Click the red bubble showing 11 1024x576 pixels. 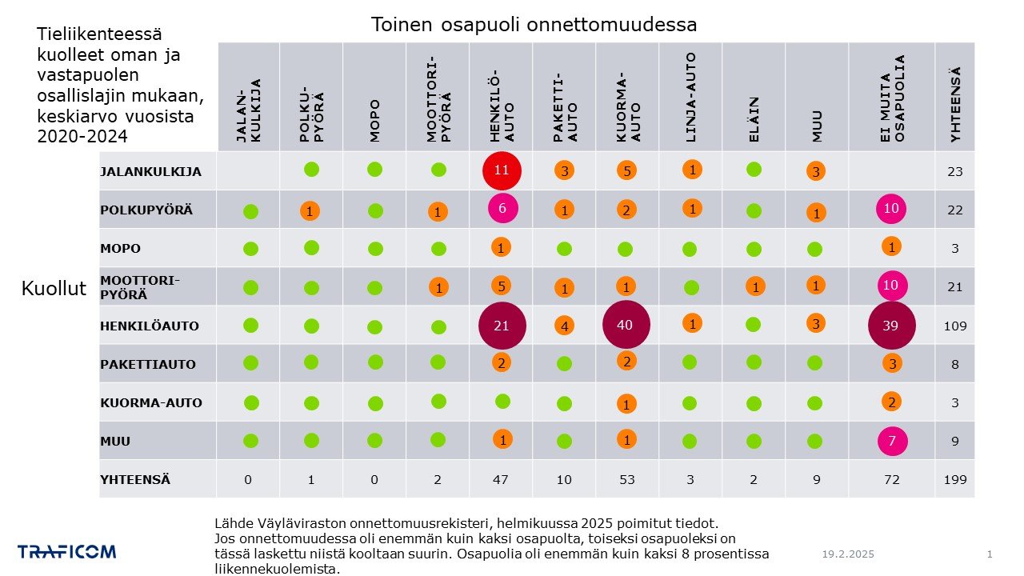pyautogui.click(x=502, y=170)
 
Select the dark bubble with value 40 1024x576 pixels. pyautogui.click(x=626, y=325)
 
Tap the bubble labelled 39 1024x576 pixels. pyautogui.click(x=891, y=325)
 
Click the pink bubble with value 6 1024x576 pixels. pyautogui.click(x=503, y=208)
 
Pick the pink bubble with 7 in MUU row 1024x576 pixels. pyautogui.click(x=891, y=441)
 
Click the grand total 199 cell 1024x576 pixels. pyautogui.click(x=954, y=480)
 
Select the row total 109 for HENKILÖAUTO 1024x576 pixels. pyautogui.click(x=954, y=326)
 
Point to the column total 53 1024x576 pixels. pyautogui.click(x=626, y=480)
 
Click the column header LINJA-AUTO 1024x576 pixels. pyautogui.click(x=690, y=97)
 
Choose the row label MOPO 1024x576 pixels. pyautogui.click(x=120, y=249)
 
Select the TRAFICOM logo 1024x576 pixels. pyautogui.click(x=67, y=551)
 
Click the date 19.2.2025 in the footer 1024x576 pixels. pyautogui.click(x=848, y=554)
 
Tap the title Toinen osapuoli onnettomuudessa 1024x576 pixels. pyautogui.click(x=534, y=25)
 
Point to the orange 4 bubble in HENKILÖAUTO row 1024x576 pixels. pyautogui.click(x=564, y=326)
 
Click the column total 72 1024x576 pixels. pyautogui.click(x=891, y=480)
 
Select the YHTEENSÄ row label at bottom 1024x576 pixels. pyautogui.click(x=134, y=480)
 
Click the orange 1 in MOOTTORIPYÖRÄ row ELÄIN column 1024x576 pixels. pyautogui.click(x=754, y=286)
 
